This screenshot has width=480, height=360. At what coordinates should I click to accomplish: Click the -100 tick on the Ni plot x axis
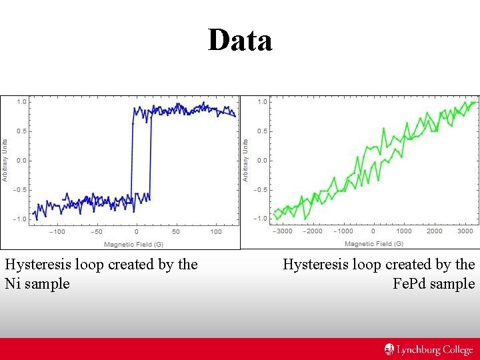coord(58,232)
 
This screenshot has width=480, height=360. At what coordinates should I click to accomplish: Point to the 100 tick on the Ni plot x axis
coord(215,232)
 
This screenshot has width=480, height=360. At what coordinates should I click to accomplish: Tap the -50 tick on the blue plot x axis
coord(97,232)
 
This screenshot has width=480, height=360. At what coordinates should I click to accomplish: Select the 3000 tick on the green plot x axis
coord(465,231)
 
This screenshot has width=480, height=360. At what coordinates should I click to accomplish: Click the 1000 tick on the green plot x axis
coord(404,231)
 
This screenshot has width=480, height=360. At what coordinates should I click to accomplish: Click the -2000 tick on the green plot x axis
coord(312,231)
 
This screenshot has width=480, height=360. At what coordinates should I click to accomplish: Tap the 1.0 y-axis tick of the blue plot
coord(21,102)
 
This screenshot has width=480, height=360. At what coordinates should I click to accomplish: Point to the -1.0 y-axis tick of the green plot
coord(261,219)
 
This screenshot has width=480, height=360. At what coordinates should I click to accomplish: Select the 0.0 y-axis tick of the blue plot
coord(21,161)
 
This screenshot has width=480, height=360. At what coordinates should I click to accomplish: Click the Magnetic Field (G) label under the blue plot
coord(133,244)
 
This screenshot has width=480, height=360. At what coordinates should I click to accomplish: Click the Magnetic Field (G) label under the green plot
coord(373,244)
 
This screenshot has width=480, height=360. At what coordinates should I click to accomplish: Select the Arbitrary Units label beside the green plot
coord(245,160)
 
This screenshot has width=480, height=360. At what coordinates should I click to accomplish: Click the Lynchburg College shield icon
coord(389,349)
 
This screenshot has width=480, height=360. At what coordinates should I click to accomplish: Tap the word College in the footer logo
coord(456,350)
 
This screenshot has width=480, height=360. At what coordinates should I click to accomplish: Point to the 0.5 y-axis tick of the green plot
coord(263,131)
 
